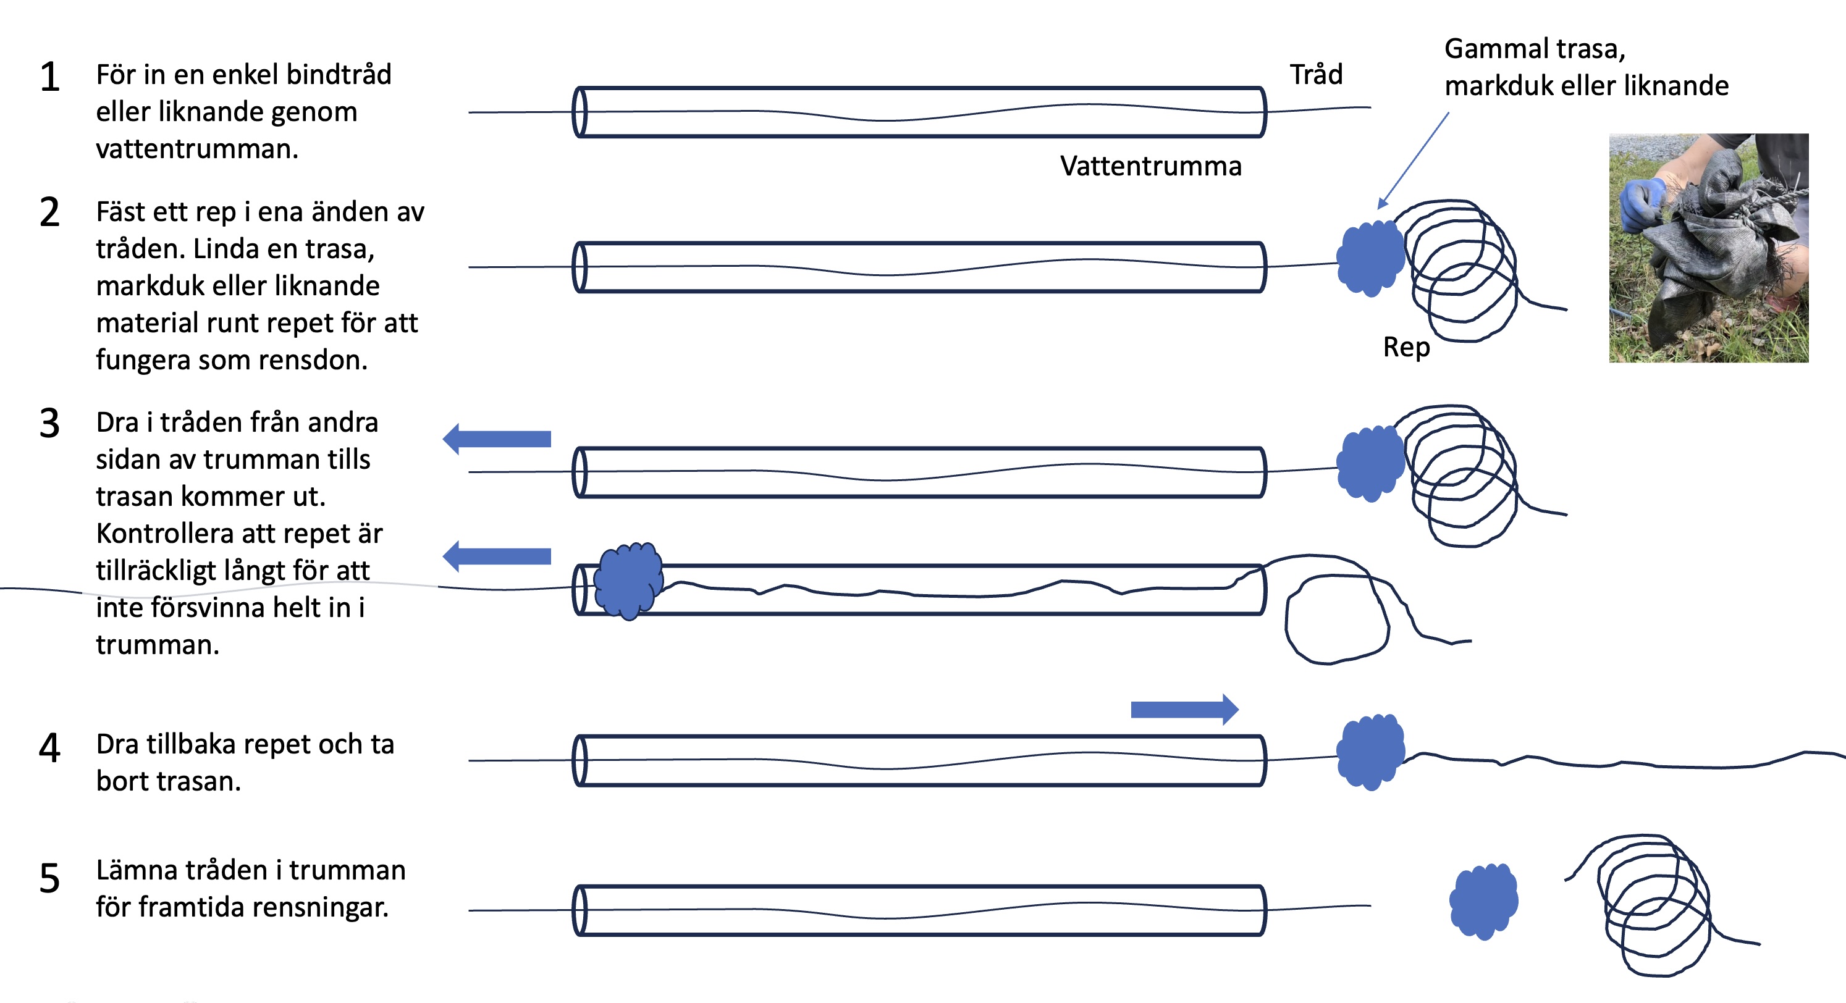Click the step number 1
49,77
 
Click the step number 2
49,213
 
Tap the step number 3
49,424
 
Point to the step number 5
49,878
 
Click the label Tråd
1316,75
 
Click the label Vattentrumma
1150,166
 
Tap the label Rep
1406,348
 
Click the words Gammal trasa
1534,49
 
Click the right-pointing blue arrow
1184,709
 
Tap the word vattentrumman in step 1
196,149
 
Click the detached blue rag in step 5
1483,900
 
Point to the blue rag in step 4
1370,752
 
